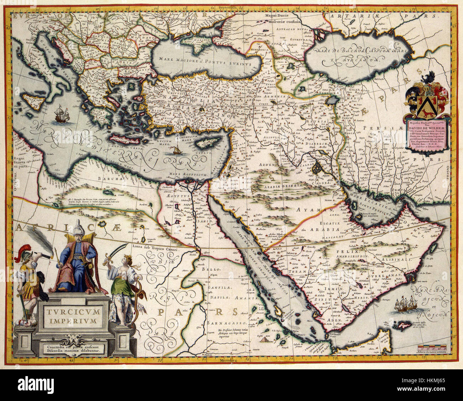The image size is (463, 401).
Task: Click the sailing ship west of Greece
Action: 61,114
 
